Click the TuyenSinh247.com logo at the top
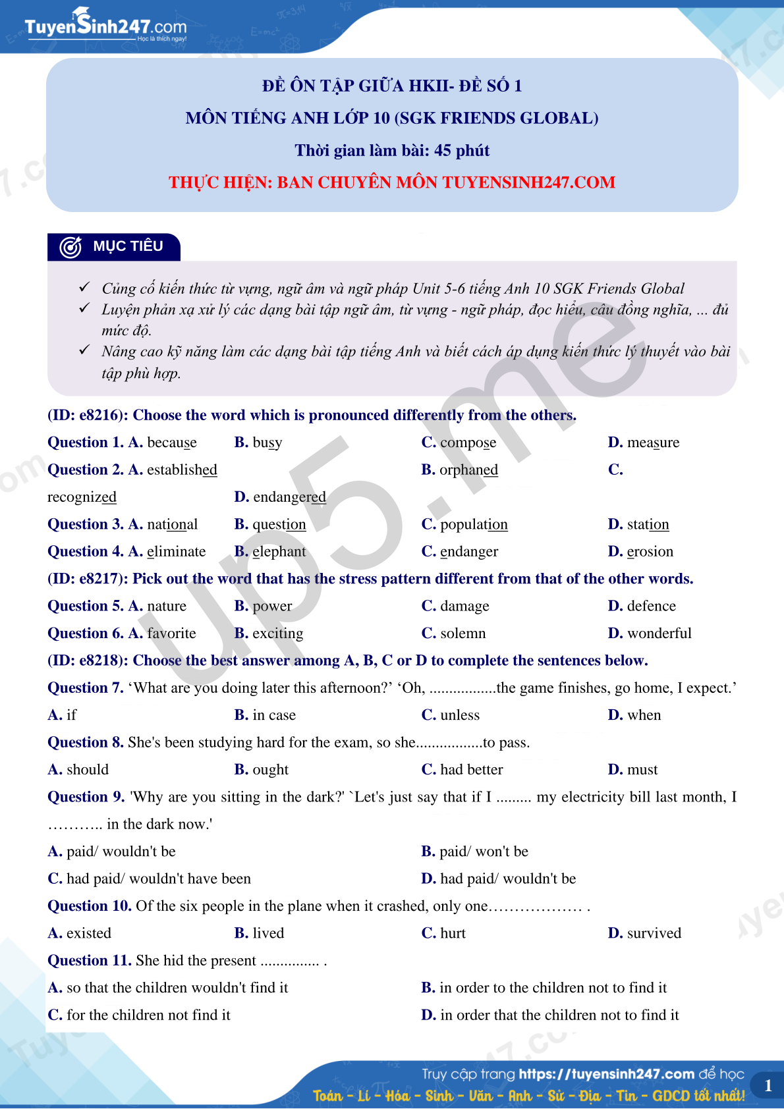coord(105,27)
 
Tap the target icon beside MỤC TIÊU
coord(70,247)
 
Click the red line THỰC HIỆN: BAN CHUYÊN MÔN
coord(392,182)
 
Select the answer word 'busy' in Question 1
coord(267,443)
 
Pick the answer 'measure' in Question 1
coord(653,443)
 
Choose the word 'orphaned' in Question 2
coord(468,470)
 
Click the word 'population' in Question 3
coord(474,524)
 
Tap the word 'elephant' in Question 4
coord(279,551)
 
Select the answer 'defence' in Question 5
coord(651,606)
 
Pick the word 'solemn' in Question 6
coord(462,634)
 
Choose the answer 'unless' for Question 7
coord(460,715)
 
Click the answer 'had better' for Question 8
coord(471,770)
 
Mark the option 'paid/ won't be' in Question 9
coord(484,852)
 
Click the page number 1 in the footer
coord(768,1085)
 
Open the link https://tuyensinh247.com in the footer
coord(606,1074)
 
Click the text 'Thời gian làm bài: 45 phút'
coord(392,151)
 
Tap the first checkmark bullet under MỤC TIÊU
coord(84,288)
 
